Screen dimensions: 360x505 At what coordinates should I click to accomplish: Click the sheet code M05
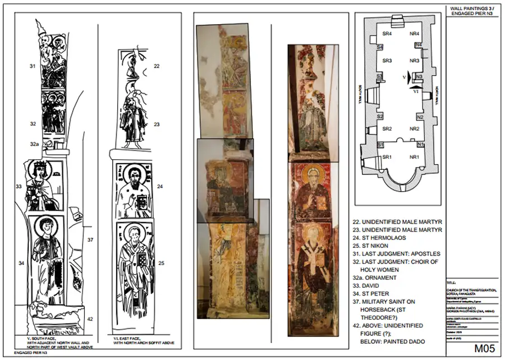[483, 348]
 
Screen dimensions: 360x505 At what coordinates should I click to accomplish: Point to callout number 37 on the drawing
[90, 240]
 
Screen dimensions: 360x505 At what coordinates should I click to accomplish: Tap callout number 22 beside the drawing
[157, 66]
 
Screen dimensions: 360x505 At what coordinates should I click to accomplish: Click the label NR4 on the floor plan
[415, 35]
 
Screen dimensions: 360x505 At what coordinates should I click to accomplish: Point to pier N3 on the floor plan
[419, 76]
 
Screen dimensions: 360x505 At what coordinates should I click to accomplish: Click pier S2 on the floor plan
[380, 117]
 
